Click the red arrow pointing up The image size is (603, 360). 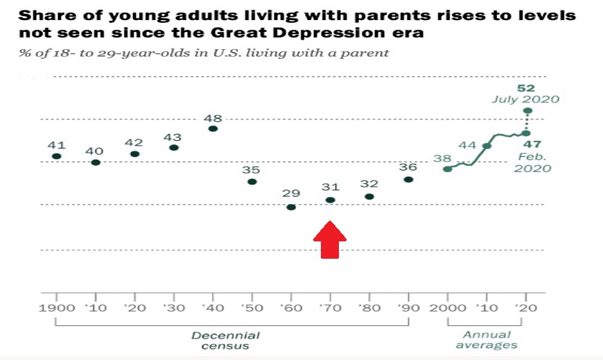(x=330, y=240)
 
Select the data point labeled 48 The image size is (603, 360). (x=213, y=128)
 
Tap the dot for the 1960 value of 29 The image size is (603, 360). (x=291, y=207)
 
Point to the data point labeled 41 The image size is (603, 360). (x=56, y=156)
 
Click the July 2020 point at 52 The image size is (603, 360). (x=527, y=111)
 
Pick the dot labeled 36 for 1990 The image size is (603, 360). (x=408, y=180)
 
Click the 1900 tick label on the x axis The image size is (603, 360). (x=57, y=308)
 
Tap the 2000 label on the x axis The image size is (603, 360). (x=447, y=308)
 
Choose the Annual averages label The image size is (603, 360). (x=487, y=340)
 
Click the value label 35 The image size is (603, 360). (x=252, y=169)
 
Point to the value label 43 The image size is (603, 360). (x=173, y=137)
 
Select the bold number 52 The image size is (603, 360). (x=527, y=88)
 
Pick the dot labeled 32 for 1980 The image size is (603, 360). (x=369, y=197)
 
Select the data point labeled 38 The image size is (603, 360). (x=448, y=169)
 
